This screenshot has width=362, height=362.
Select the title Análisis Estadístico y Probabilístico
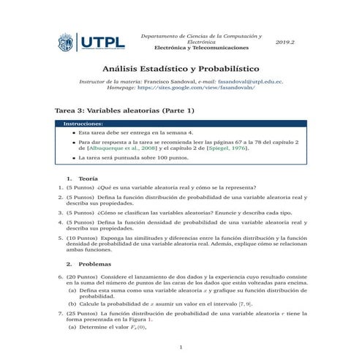[181, 67]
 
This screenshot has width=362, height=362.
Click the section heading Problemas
[94, 263]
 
